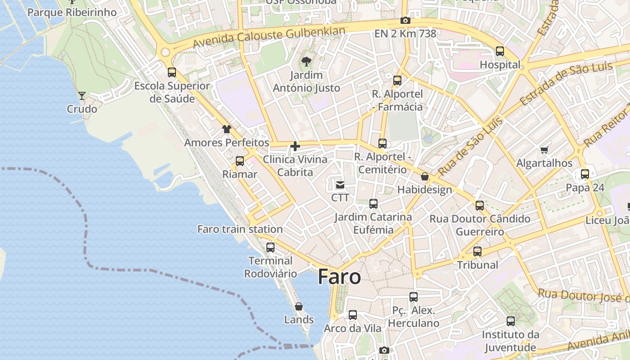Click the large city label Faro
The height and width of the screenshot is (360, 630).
point(339,277)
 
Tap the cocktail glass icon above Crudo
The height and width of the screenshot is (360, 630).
point(82,95)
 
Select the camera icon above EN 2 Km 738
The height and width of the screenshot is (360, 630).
point(405,20)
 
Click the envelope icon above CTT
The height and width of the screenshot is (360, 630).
point(340,184)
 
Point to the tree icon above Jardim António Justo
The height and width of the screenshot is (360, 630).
point(306,61)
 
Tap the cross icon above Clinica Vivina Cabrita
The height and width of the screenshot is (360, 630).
point(295,146)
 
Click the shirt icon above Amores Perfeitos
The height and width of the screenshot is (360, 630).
point(227,129)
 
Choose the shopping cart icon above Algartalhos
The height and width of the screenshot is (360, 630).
point(544,150)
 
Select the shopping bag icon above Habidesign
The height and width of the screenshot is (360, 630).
point(424,176)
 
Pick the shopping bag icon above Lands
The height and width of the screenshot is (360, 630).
point(299,306)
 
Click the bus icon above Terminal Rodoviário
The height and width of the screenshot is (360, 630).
point(270,247)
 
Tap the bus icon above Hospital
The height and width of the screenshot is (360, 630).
point(500,51)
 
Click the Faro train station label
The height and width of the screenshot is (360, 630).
point(240,229)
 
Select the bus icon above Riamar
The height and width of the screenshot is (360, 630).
point(240,161)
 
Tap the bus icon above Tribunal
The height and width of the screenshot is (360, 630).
point(477,252)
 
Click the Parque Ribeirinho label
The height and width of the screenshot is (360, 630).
point(72,12)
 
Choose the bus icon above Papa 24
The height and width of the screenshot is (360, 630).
point(585,174)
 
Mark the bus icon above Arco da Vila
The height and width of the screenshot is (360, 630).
point(353,315)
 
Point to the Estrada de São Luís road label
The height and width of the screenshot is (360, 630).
point(566,83)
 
